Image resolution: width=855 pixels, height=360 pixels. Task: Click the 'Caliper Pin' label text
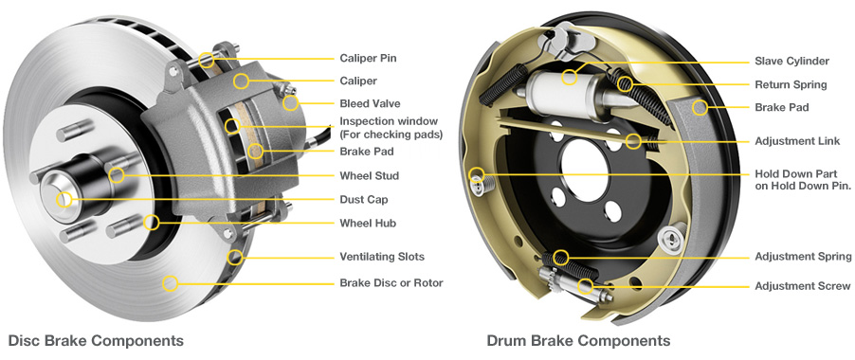click(368, 58)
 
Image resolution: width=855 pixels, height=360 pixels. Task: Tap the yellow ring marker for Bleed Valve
click(290, 103)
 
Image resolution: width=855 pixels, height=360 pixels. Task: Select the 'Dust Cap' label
click(363, 200)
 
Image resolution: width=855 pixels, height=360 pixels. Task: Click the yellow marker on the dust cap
click(64, 200)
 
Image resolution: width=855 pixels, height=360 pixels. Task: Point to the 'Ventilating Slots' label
click(382, 257)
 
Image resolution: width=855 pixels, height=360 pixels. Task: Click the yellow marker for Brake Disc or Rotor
click(171, 282)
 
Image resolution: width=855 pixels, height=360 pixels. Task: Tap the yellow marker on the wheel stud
click(116, 175)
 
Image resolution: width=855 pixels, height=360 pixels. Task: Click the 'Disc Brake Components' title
click(96, 340)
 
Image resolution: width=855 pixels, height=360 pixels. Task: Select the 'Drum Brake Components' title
click(578, 340)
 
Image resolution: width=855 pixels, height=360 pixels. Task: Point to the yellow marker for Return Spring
click(625, 84)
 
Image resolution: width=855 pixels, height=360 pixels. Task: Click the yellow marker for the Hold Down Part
click(476, 174)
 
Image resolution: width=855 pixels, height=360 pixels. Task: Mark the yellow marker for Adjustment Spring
click(561, 257)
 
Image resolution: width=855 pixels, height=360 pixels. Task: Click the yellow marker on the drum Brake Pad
click(700, 107)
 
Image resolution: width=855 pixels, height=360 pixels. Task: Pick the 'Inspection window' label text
click(389, 121)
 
